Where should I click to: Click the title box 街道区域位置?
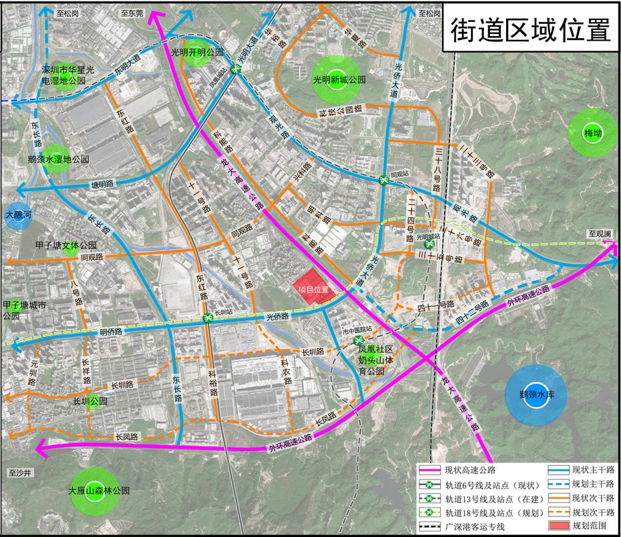point(530,28)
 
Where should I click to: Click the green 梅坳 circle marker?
point(592,132)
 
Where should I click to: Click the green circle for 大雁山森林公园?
point(97,492)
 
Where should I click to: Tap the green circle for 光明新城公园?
point(337,79)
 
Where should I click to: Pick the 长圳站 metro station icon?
point(208,319)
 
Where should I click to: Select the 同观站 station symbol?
point(384,180)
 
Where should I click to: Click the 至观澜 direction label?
point(600,233)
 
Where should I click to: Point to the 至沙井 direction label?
point(20,473)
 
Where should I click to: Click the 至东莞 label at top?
point(132,13)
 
